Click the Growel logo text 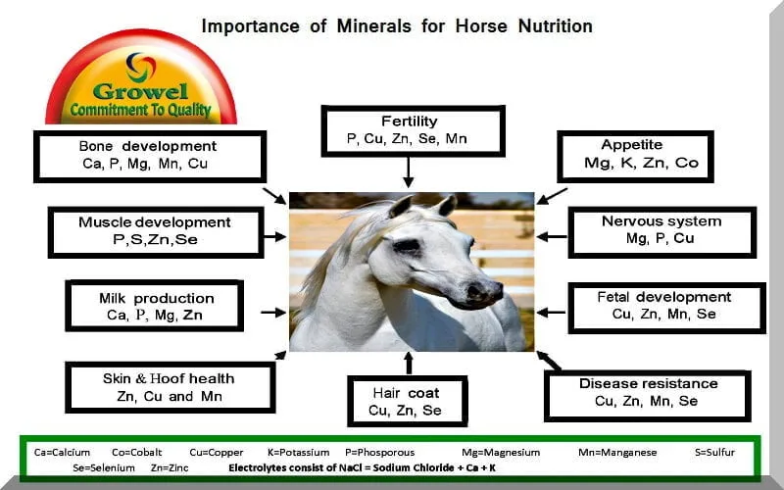tap(141, 92)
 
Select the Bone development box tap(149, 155)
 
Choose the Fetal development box tap(663, 306)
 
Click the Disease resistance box tap(648, 392)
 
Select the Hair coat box tap(407, 402)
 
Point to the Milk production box tap(155, 306)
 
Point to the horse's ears tap(421, 206)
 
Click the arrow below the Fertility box tap(410, 175)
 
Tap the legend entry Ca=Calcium tap(62, 453)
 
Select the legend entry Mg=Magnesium tap(504, 453)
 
